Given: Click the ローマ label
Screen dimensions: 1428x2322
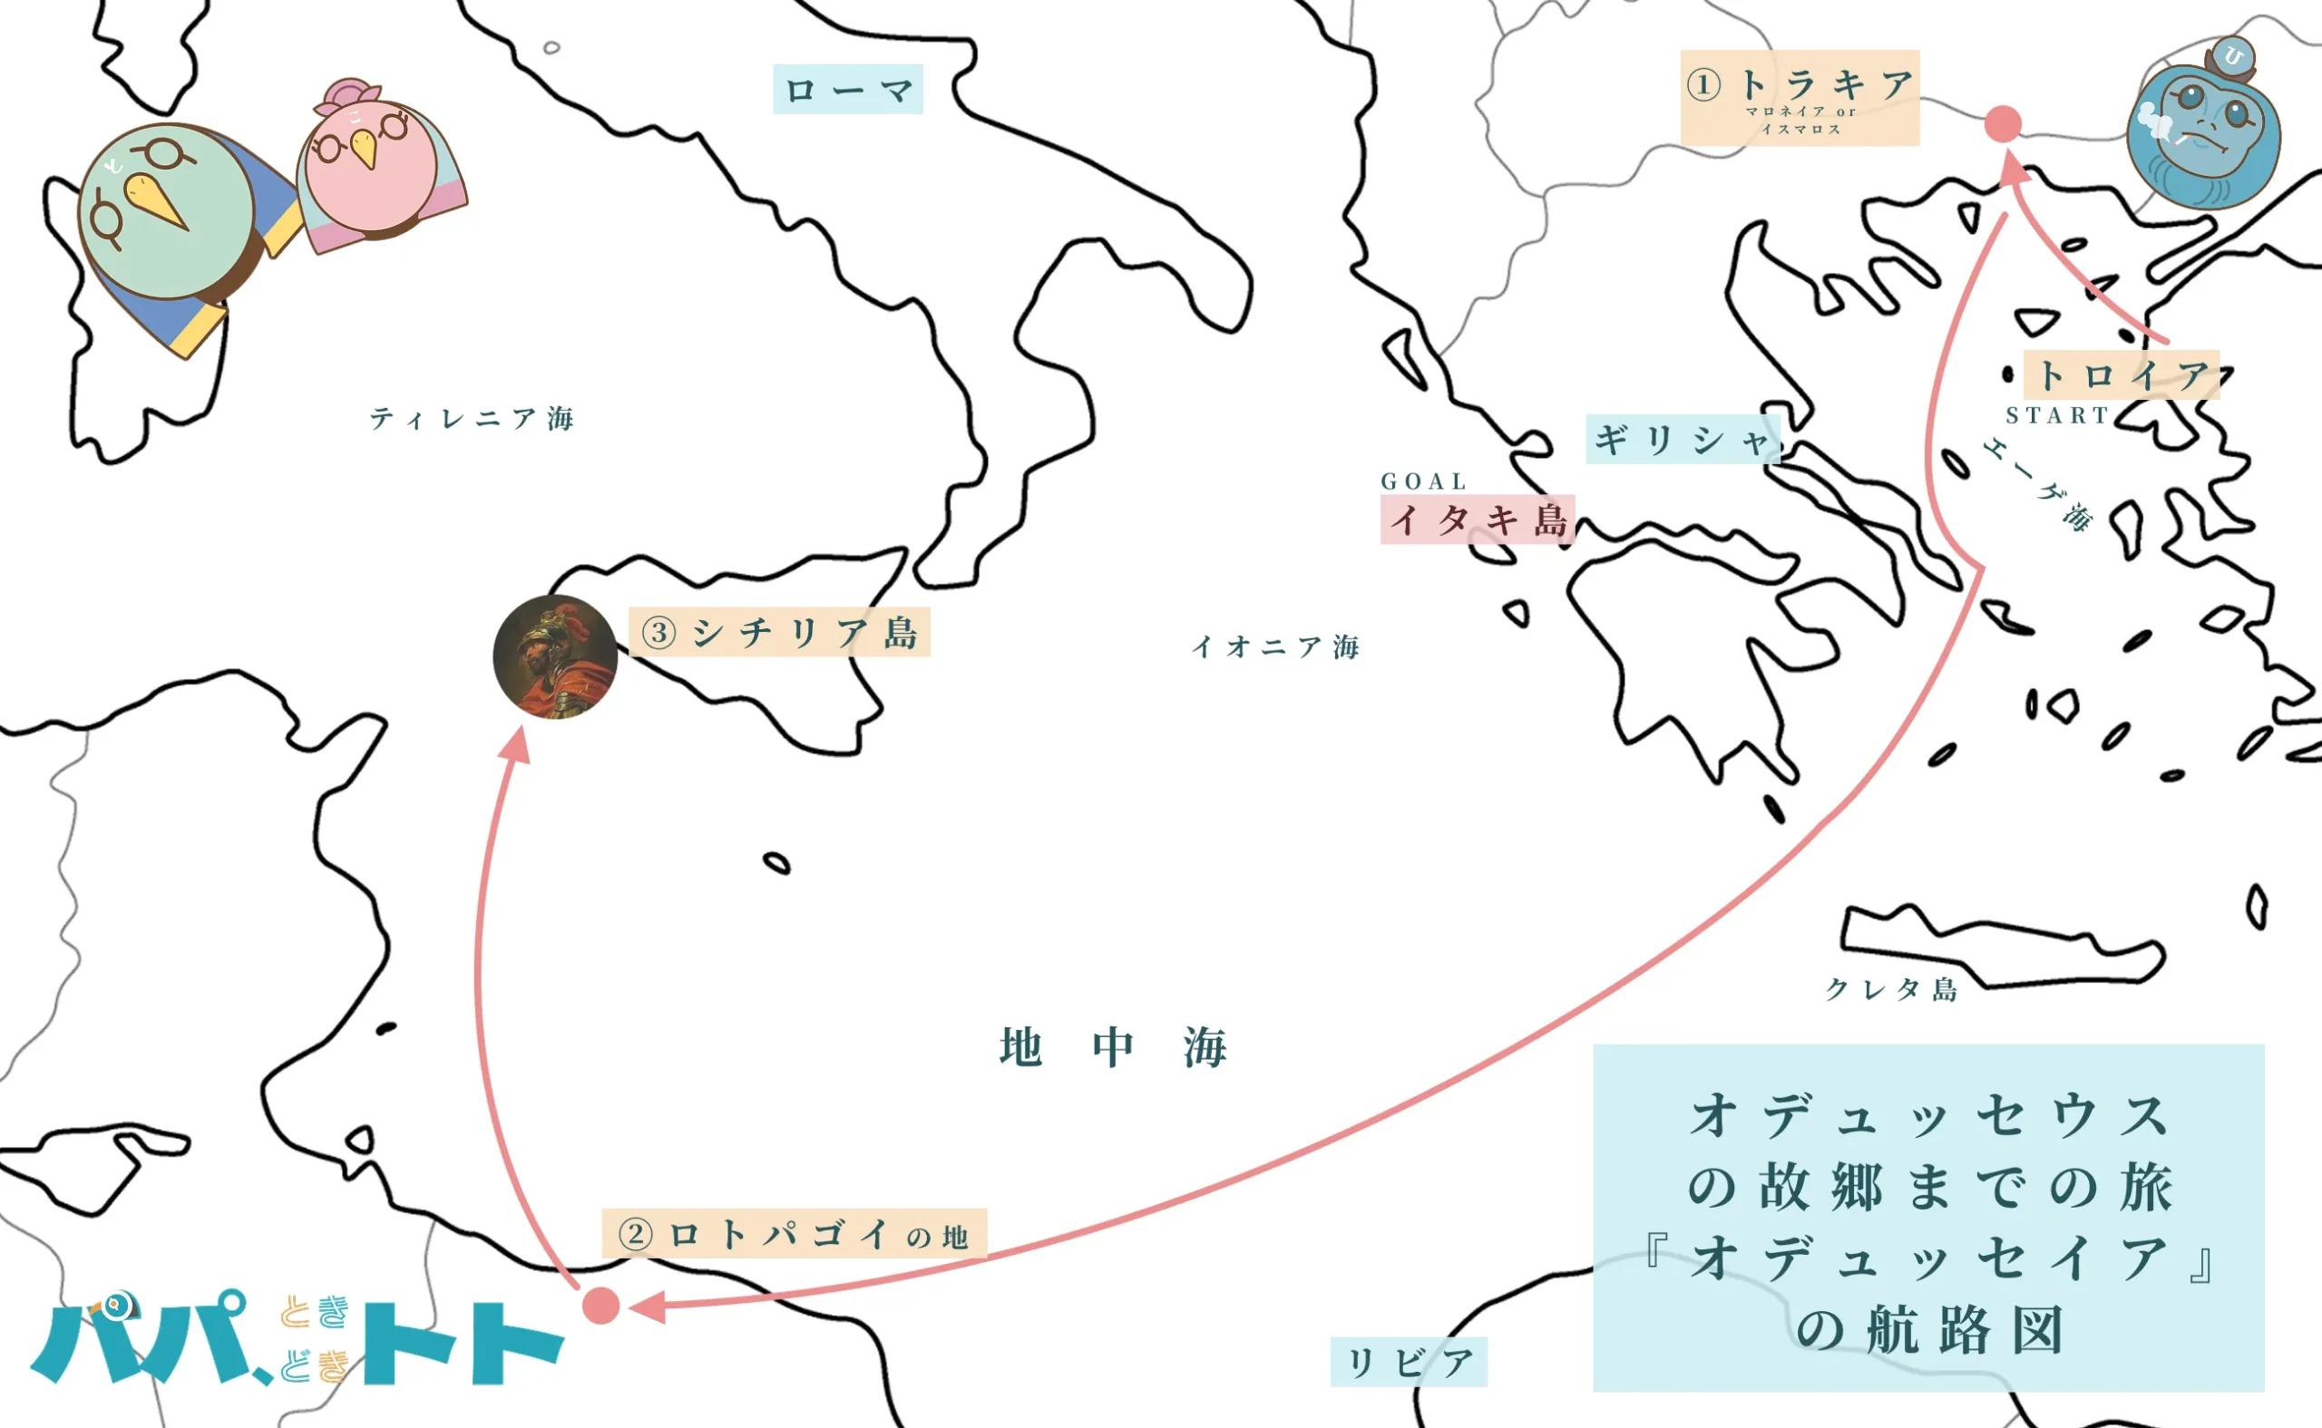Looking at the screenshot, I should click(x=847, y=90).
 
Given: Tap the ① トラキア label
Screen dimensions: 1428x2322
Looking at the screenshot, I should click(x=1799, y=97).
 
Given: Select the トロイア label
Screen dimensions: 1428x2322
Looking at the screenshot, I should click(x=2121, y=375).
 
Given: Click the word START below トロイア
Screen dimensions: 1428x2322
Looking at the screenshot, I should click(x=2056, y=415).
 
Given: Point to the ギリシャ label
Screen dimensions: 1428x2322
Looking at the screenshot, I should click(x=1682, y=439).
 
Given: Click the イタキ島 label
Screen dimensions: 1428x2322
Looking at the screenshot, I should click(x=1477, y=520).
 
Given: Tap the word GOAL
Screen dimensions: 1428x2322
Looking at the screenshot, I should click(x=1422, y=481).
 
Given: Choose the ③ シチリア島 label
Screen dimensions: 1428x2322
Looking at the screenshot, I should click(x=779, y=632).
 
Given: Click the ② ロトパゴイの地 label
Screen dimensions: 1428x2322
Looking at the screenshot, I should click(x=794, y=1233).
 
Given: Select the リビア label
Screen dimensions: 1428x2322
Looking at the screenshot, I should click(x=1409, y=1362).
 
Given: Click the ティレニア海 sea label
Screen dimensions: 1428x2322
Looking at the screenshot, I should click(x=472, y=418).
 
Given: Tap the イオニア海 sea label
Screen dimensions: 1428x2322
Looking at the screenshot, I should click(x=1275, y=647).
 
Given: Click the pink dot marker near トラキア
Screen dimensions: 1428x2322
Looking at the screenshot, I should click(x=2003, y=123).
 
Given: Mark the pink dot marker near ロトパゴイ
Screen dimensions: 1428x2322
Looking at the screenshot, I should click(x=600, y=1307).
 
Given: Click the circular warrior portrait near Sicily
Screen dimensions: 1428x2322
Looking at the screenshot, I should click(x=555, y=657).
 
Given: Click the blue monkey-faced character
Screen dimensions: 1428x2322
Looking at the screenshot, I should click(x=2203, y=137).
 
